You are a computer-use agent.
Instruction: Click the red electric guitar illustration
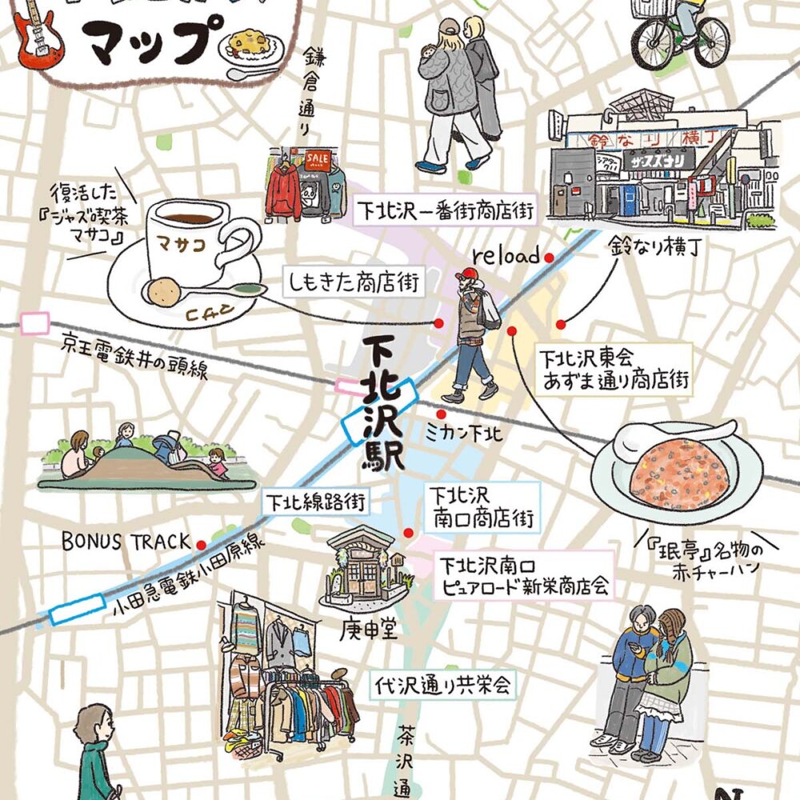36,36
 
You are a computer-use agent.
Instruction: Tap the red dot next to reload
550,258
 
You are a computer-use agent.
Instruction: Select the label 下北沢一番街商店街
445,210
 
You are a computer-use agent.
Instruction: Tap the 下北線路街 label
316,502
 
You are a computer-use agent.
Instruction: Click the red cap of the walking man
467,276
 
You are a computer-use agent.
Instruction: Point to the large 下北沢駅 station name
382,404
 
